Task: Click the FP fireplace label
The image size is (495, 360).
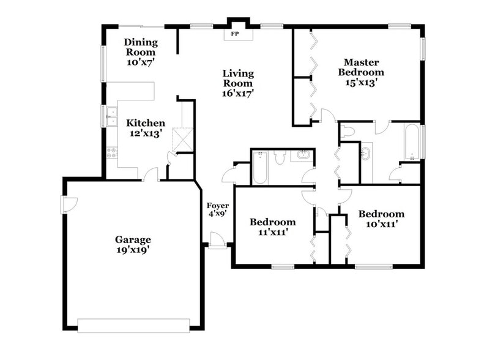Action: [x=234, y=34]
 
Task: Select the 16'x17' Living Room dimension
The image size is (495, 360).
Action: [x=238, y=93]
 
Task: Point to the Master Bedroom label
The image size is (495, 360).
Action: [x=362, y=67]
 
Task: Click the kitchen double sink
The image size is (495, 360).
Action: [x=111, y=116]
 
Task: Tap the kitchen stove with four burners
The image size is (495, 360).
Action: [x=111, y=152]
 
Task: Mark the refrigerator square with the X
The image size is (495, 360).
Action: [x=182, y=139]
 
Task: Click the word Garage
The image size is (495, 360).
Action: [x=133, y=239]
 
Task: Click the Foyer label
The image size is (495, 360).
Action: [x=218, y=205]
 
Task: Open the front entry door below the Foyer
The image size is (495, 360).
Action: [x=216, y=241]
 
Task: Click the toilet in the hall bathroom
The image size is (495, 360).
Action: [x=280, y=157]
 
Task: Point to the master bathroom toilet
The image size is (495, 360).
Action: [x=349, y=130]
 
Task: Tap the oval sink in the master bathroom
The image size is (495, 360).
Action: [x=366, y=152]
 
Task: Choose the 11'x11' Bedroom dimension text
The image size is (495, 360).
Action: [x=272, y=232]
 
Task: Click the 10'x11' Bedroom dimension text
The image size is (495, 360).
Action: [x=381, y=224]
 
